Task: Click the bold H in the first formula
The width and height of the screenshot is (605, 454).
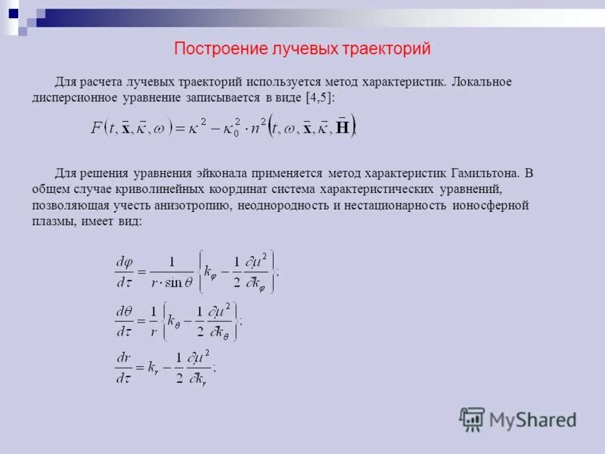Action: (343, 127)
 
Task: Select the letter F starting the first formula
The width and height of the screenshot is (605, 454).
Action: (97, 127)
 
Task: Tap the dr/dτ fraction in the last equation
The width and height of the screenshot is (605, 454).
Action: (124, 366)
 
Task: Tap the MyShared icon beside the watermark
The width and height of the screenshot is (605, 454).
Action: (472, 419)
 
